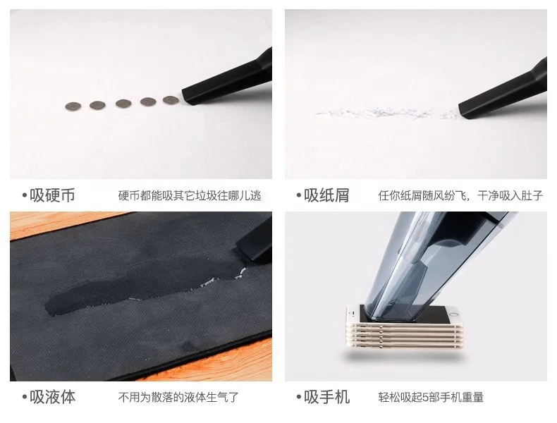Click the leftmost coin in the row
(x=73, y=106)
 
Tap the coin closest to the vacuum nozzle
(x=171, y=100)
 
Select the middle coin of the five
(x=123, y=103)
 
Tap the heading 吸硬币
(x=51, y=195)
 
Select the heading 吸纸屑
(x=326, y=195)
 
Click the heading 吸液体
(x=51, y=397)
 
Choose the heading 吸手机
(x=326, y=397)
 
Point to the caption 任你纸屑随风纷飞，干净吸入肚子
(x=460, y=196)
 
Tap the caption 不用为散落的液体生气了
(x=178, y=398)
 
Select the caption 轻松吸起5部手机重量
(x=431, y=398)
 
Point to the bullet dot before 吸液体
(x=24, y=398)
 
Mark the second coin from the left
(x=97, y=105)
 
